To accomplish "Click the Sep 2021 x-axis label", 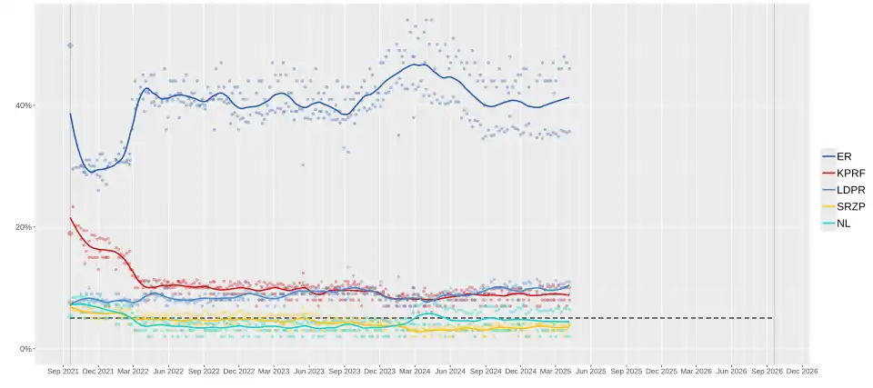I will (63, 371).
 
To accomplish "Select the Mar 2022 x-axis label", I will (133, 371).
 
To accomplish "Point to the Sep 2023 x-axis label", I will (345, 371).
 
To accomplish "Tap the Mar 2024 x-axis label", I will (415, 371).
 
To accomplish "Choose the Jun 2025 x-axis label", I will (591, 371).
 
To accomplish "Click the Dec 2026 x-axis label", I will (802, 371).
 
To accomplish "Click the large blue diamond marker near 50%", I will (70, 45).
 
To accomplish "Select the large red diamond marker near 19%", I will (70, 233).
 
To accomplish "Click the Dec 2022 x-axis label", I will (238, 371).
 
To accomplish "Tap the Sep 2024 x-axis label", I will (486, 371).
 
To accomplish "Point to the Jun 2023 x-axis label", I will (309, 371).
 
